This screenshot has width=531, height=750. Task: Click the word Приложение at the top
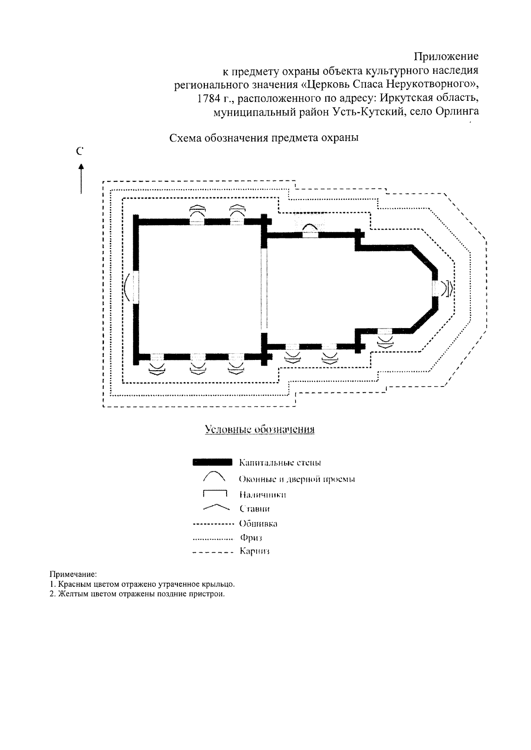446,57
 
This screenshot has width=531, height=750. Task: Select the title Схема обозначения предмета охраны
264,138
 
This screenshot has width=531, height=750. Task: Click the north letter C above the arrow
80,152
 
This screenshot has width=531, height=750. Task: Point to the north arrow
81,179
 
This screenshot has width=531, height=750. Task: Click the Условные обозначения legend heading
260,429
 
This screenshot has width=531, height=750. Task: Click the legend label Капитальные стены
280,463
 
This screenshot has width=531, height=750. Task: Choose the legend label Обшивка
258,524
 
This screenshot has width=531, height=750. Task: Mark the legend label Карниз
254,551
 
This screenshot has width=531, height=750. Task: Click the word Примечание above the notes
73,575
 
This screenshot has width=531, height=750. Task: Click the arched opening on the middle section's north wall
310,230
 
